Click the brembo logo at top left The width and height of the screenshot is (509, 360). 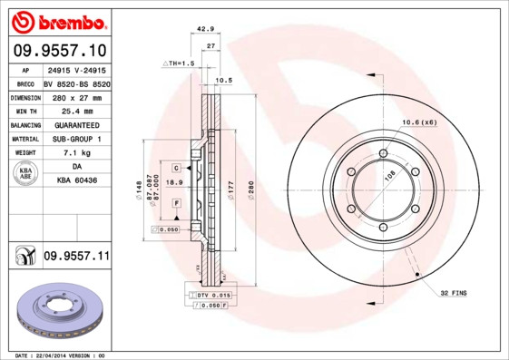56,21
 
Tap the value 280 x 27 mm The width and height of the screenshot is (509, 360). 76,96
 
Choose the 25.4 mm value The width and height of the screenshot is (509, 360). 76,110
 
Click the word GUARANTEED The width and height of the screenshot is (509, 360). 76,124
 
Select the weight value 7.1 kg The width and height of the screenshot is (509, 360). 76,153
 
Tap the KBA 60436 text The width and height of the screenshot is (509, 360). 76,181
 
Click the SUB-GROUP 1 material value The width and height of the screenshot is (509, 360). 76,139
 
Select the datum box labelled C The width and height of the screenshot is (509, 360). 177,168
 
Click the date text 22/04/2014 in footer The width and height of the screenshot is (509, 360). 60,355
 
